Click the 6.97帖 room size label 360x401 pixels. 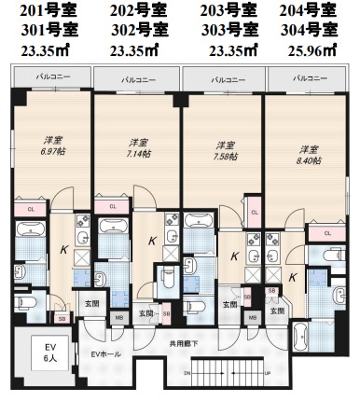coord(51,150)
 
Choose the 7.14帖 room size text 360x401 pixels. coord(139,148)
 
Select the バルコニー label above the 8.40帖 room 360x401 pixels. coord(307,79)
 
